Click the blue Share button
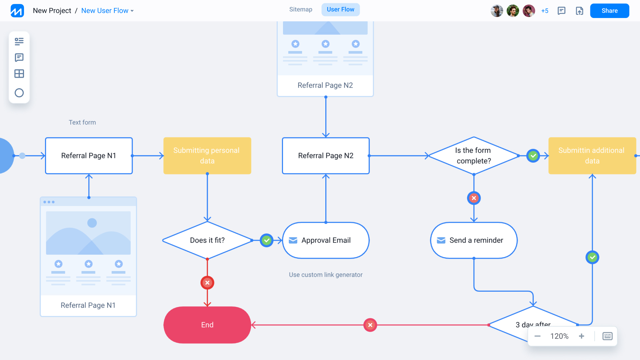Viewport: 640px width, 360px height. (609, 11)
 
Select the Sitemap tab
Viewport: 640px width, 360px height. (301, 9)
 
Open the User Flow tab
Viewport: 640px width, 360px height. (340, 9)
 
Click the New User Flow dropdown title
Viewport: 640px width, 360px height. (107, 11)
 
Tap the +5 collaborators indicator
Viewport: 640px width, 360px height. (545, 11)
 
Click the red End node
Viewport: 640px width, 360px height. (207, 325)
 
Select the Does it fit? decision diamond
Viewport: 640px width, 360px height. (207, 240)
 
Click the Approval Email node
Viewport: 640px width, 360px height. (326, 240)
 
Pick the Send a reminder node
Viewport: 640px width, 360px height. (474, 240)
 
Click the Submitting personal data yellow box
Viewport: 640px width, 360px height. (207, 156)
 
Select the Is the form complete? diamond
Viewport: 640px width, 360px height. (473, 156)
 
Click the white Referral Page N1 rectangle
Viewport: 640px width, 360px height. (89, 156)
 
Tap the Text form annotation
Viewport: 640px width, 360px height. (82, 122)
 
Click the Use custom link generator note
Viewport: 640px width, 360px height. (326, 275)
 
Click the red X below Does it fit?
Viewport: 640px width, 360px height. (207, 283)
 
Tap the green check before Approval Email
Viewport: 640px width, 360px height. (267, 240)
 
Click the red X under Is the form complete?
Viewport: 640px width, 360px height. (474, 198)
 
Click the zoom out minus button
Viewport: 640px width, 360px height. (537, 336)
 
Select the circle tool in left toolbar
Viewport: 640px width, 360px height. (19, 93)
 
